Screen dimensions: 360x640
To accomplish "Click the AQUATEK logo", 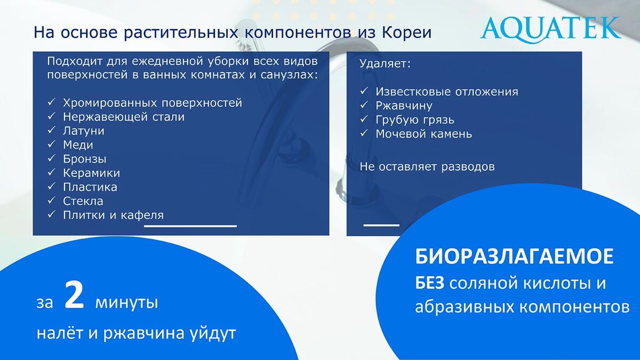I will point(550,28).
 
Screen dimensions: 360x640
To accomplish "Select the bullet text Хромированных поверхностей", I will point(152,103).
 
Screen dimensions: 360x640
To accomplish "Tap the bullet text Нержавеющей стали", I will point(123,117).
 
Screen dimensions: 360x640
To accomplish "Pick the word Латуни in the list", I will point(83,131).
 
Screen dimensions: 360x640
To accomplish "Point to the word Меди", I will point(78,145).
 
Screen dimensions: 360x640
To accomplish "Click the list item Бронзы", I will point(84,159).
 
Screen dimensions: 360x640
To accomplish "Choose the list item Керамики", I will point(91,173).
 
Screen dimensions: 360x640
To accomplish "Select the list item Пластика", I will point(90,187).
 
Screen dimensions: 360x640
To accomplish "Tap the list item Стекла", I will point(83,202).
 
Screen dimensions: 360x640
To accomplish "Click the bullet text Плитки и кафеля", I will point(113,215).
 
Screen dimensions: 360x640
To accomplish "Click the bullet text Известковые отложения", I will point(446,92).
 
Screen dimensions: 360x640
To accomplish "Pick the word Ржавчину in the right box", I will point(404,106).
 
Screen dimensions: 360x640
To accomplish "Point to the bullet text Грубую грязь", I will point(414,120).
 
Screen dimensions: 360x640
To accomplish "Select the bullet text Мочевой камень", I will point(423,134).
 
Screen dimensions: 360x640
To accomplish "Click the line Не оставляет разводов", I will point(427,166).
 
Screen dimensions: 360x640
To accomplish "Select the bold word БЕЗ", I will point(429,283).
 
